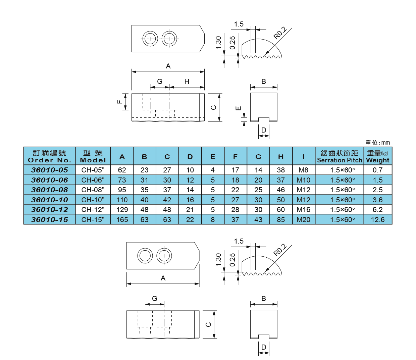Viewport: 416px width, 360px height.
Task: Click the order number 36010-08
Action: tap(50, 190)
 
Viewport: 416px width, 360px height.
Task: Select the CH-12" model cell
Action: tap(93, 210)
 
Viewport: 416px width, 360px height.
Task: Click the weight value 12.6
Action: tap(378, 220)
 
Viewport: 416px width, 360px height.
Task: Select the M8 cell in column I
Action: tap(303, 170)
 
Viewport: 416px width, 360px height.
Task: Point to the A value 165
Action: tap(122, 220)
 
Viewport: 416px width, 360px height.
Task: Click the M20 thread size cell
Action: tap(303, 220)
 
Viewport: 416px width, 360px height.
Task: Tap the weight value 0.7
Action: tap(378, 170)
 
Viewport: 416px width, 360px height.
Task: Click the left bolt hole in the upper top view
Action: tap(150, 39)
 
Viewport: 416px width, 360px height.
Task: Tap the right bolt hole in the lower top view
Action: tap(164, 256)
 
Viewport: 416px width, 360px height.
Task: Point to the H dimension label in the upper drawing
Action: tap(187, 82)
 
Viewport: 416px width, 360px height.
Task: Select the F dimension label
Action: tap(119, 102)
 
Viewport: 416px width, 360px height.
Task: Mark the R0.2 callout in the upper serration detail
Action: tap(280, 33)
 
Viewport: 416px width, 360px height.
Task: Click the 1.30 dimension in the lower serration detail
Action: tap(218, 259)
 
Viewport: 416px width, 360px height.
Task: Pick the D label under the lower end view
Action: tap(264, 347)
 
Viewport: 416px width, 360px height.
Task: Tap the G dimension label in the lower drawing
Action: tap(155, 298)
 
